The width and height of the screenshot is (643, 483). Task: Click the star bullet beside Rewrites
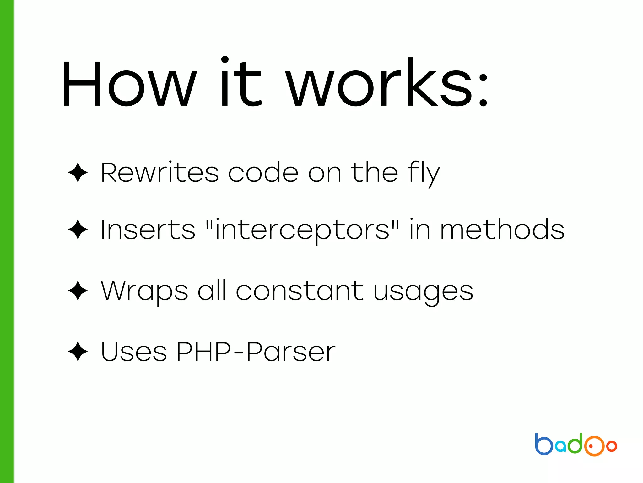[78, 172]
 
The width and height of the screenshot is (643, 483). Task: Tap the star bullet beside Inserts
[78, 230]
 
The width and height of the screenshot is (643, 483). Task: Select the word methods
[502, 230]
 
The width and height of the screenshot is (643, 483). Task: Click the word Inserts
[148, 230]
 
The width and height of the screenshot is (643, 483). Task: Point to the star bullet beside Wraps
[78, 291]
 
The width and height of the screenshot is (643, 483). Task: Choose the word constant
[300, 291]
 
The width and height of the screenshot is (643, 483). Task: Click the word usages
[423, 292]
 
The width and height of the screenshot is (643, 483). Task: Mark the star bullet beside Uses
[78, 352]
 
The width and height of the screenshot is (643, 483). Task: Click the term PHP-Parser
[256, 352]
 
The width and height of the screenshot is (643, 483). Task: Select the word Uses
[133, 352]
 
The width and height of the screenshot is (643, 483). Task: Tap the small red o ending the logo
[612, 446]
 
